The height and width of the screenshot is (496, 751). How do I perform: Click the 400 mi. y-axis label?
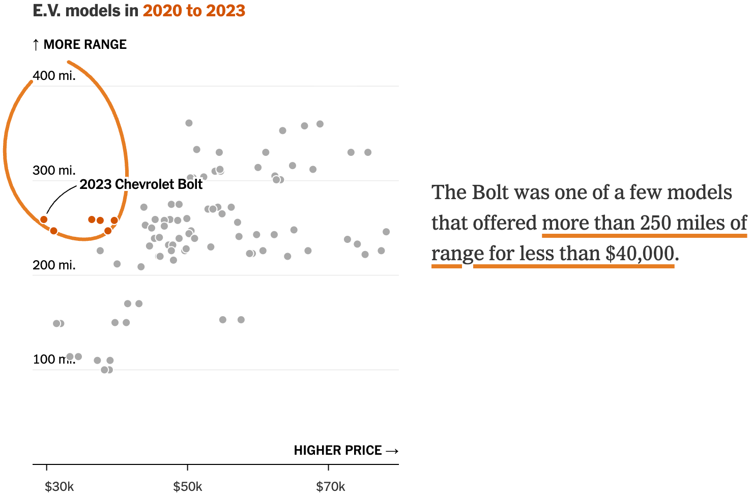54,76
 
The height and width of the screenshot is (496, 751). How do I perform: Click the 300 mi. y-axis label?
54,170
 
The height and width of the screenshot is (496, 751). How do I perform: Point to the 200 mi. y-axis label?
54,265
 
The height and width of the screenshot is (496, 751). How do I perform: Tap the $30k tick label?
59,487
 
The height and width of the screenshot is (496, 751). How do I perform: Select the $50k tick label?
187,487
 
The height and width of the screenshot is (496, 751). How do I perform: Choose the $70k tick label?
330,487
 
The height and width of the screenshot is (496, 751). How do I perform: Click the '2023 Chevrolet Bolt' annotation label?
141,184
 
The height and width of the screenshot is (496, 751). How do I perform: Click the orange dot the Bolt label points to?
44,219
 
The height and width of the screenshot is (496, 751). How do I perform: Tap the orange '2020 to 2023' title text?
194,11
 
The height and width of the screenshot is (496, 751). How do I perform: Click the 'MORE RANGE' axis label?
85,44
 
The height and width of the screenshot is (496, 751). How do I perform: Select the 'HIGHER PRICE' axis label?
337,450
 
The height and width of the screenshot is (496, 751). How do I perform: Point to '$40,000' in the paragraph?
640,253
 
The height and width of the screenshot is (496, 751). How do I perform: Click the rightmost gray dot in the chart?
386,232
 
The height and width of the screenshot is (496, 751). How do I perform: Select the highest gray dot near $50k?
189,123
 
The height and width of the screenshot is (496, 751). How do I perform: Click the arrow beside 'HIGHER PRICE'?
392,451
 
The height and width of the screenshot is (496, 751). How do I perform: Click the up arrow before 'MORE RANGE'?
36,45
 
